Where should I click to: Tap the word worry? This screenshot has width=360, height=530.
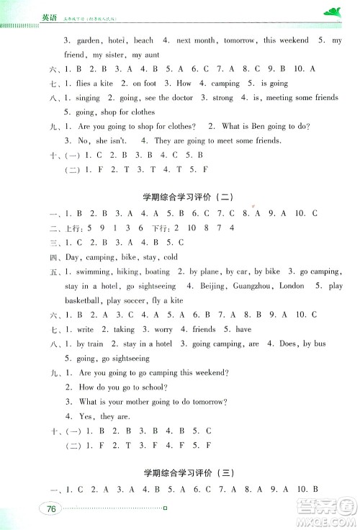163,329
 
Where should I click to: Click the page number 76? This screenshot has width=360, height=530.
51,510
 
